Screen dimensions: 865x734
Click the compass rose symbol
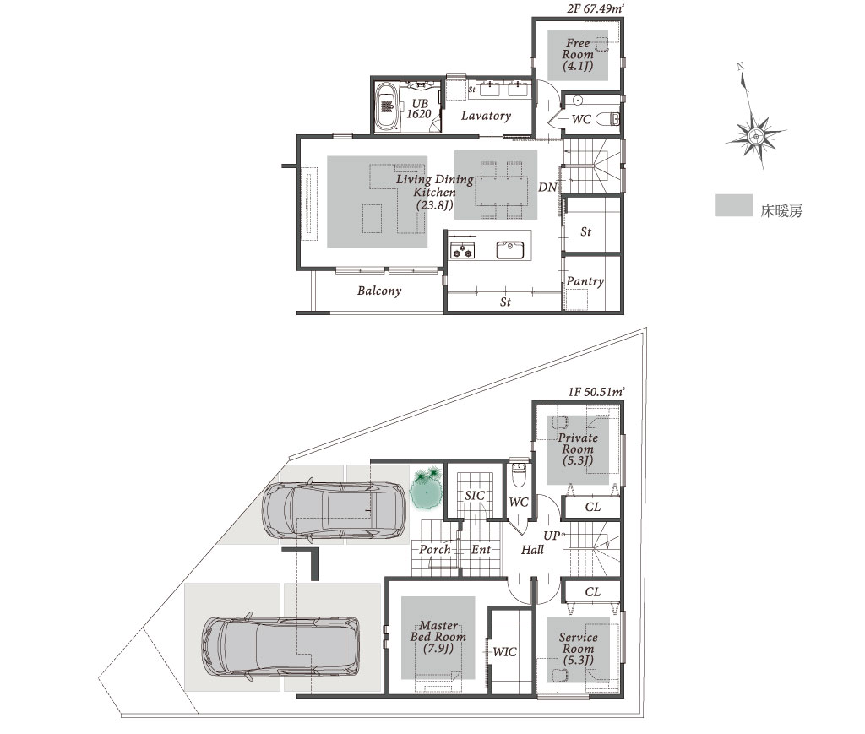754,134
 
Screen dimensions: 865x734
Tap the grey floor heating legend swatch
734,205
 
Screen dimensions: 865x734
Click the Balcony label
379,291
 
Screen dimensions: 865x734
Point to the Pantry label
585,282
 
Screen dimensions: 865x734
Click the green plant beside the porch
427,488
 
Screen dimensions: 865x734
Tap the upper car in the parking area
335,511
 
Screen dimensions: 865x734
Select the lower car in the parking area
280,647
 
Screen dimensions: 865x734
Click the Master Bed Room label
438,637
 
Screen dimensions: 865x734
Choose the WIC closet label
504,652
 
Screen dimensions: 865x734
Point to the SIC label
475,495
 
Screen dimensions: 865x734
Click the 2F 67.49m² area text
596,8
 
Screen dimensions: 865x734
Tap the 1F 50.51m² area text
596,392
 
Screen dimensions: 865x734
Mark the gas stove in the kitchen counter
462,250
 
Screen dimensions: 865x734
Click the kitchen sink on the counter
509,250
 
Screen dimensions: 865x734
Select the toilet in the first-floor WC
520,475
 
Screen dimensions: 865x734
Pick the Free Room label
578,55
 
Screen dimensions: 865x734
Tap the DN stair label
547,188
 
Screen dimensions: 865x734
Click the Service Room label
578,649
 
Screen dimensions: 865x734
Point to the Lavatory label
486,116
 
